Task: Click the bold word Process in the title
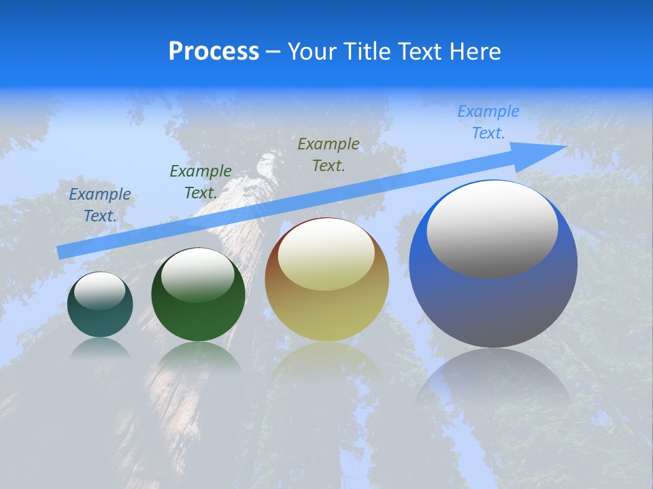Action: pyautogui.click(x=214, y=52)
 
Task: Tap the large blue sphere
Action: pyautogui.click(x=493, y=306)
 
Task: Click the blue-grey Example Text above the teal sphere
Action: pyautogui.click(x=100, y=205)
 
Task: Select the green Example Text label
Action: pyautogui.click(x=201, y=182)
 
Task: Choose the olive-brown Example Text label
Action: pyautogui.click(x=329, y=154)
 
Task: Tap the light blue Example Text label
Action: pyautogui.click(x=488, y=122)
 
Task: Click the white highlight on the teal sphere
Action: pyautogui.click(x=100, y=291)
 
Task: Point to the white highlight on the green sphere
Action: pyautogui.click(x=197, y=274)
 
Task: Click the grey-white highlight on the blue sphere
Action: pyautogui.click(x=492, y=229)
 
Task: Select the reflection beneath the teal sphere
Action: pyautogui.click(x=100, y=348)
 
